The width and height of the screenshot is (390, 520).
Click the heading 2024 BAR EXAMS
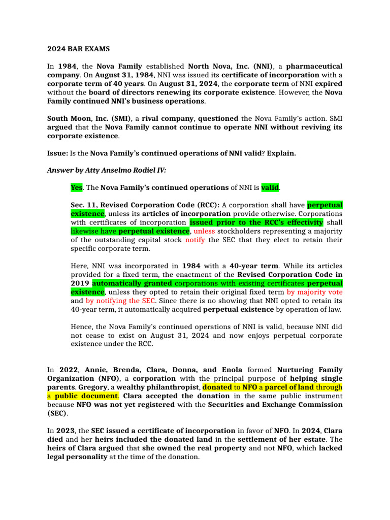pyautogui.click(x=78, y=49)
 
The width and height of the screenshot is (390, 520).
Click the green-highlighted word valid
pyautogui.click(x=270, y=188)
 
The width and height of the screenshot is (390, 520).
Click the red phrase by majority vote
pyautogui.click(x=314, y=292)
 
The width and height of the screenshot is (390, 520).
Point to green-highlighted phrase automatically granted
pyautogui.click(x=132, y=283)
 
